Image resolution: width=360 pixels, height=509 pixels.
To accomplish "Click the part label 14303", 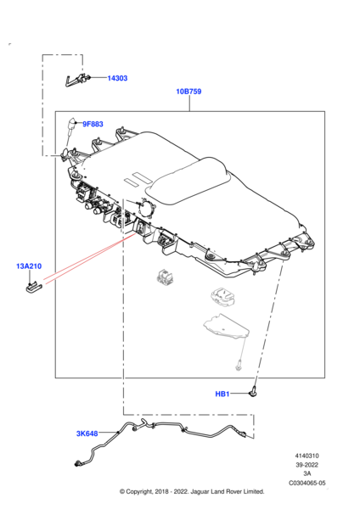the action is tap(117, 78).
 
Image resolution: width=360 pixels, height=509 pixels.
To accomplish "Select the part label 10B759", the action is tap(188, 92).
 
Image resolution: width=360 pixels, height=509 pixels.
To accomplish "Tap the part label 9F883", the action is tap(93, 124).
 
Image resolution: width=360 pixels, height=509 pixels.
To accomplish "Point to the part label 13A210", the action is tap(29, 266).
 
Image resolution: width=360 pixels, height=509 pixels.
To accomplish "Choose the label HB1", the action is tap(222, 394).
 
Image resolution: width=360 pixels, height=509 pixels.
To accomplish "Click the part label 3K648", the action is tap(87, 433).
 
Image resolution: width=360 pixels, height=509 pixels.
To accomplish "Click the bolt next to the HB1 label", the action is tap(253, 392).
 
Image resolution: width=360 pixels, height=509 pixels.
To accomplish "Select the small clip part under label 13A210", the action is tap(34, 287).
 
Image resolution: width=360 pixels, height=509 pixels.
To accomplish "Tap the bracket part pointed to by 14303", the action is tap(77, 81).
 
